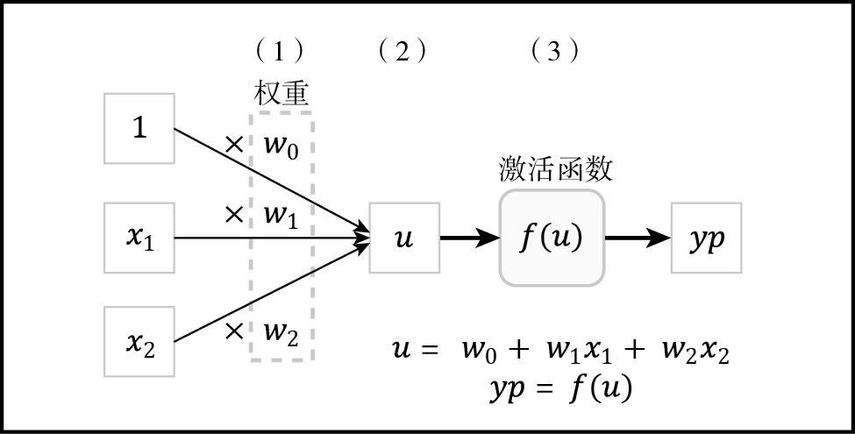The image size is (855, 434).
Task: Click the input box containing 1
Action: pyautogui.click(x=139, y=128)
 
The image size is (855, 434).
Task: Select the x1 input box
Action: pyautogui.click(x=139, y=238)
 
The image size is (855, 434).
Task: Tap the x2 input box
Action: pyautogui.click(x=139, y=341)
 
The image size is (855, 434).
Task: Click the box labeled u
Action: pyautogui.click(x=404, y=238)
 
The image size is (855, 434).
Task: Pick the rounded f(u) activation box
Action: pyautogui.click(x=552, y=238)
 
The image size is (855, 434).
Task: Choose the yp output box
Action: pyautogui.click(x=706, y=238)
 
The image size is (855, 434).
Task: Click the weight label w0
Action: pyautogui.click(x=281, y=146)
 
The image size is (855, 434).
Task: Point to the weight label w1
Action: pyautogui.click(x=281, y=216)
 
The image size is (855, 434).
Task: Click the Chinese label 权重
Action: pyautogui.click(x=281, y=93)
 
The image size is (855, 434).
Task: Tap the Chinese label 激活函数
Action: pyautogui.click(x=555, y=168)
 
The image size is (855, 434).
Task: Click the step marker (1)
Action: pyautogui.click(x=280, y=52)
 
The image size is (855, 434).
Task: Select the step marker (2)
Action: pyautogui.click(x=403, y=52)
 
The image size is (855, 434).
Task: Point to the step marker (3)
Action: pyautogui.click(x=554, y=52)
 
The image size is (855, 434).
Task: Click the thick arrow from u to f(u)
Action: pyautogui.click(x=469, y=238)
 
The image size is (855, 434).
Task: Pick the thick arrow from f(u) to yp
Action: pyautogui.click(x=638, y=238)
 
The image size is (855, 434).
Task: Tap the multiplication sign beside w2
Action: pyautogui.click(x=234, y=331)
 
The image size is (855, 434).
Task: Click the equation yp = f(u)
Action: pyautogui.click(x=561, y=388)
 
